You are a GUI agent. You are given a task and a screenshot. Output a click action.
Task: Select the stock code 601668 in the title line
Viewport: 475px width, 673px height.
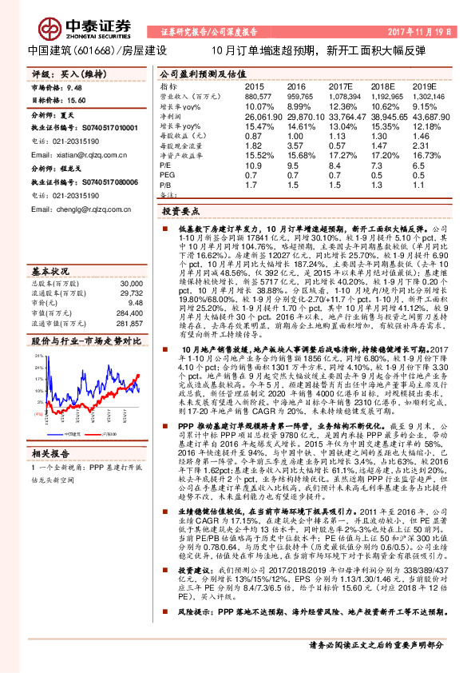click(81, 50)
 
